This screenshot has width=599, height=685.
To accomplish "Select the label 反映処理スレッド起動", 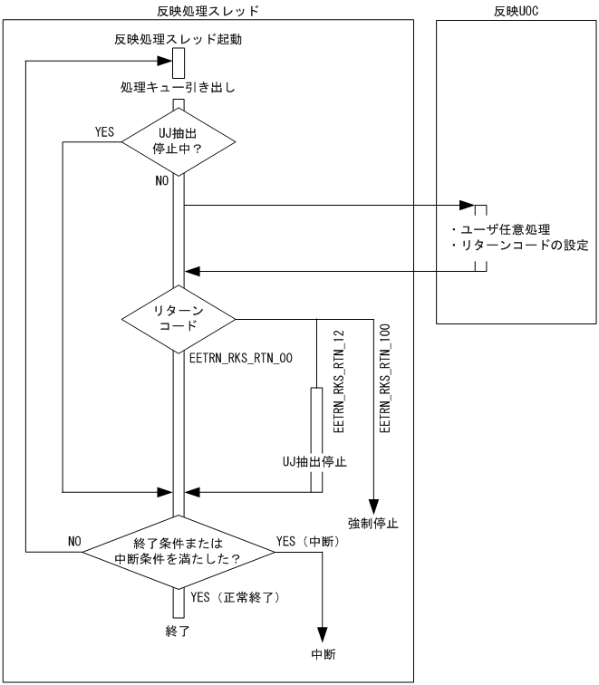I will pyautogui.click(x=178, y=40).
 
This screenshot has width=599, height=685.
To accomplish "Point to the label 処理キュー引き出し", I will pyautogui.click(x=178, y=88).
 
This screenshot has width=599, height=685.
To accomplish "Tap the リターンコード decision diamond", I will pyautogui.click(x=178, y=318).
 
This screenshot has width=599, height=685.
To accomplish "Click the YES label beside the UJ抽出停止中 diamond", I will pyautogui.click(x=104, y=132).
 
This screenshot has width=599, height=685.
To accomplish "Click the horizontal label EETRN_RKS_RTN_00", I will pyautogui.click(x=240, y=359).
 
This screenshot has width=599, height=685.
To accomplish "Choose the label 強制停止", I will pyautogui.click(x=373, y=523).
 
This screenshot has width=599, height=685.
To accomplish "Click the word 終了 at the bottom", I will pyautogui.click(x=178, y=629).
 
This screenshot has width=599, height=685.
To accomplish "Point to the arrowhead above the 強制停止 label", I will pyautogui.click(x=372, y=506).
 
